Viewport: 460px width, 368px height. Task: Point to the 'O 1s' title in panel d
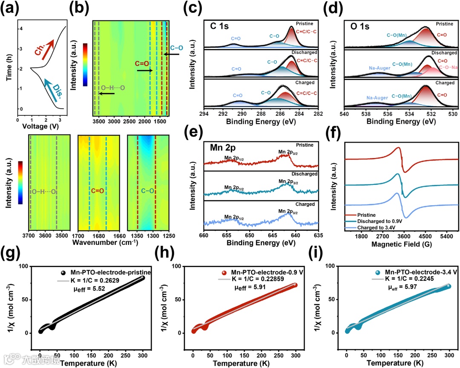pyautogui.click(x=359, y=26)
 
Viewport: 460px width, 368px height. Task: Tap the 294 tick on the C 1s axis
pyautogui.click(x=204, y=114)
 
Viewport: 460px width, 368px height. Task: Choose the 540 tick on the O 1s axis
pyautogui.click(x=344, y=114)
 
